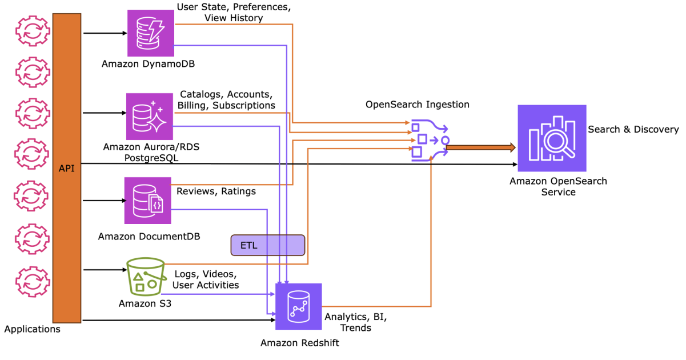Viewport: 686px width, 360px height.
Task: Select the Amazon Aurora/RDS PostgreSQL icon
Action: pyautogui.click(x=149, y=117)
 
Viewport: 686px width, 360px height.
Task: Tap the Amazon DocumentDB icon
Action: pyautogui.click(x=148, y=200)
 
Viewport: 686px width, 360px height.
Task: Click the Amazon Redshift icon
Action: pyautogui.click(x=298, y=307)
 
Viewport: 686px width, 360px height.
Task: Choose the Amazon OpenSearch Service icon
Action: pyautogui.click(x=552, y=138)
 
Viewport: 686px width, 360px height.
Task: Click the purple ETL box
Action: pyautogui.click(x=267, y=245)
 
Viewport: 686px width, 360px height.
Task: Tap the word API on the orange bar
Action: pyautogui.click(x=67, y=169)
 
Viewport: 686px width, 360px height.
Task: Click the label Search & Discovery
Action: pyautogui.click(x=633, y=130)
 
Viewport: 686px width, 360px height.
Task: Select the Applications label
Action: pyautogui.click(x=32, y=329)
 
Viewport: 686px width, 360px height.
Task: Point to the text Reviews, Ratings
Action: pyautogui.click(x=216, y=191)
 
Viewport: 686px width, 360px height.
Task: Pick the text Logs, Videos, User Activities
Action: pyautogui.click(x=205, y=279)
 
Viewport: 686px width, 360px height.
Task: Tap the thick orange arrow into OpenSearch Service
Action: pyautogui.click(x=480, y=148)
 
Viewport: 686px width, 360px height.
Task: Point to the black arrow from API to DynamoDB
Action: pyautogui.click(x=105, y=33)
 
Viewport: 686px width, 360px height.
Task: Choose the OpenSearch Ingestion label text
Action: pyautogui.click(x=417, y=105)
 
